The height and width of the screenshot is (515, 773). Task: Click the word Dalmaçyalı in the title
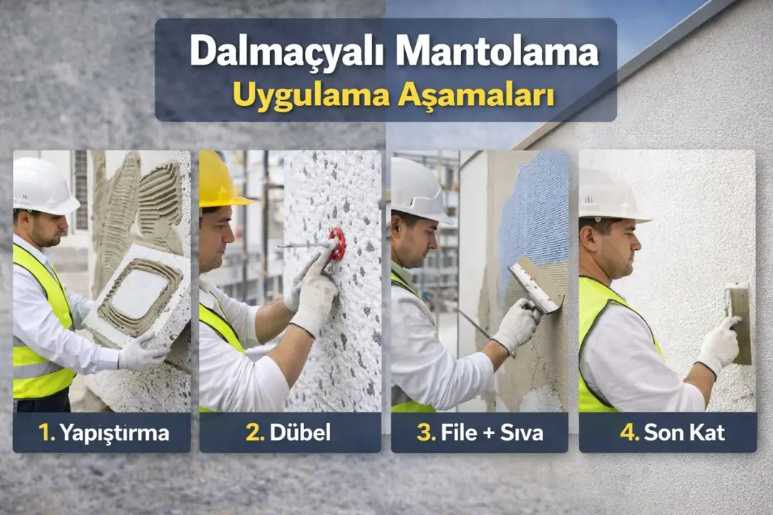288,52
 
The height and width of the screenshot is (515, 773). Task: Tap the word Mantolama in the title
497,52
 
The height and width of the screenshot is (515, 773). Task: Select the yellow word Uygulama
310,95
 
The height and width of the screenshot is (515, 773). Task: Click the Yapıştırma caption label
102,433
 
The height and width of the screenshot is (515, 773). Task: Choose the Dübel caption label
290,433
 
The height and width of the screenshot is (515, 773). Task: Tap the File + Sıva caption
480,433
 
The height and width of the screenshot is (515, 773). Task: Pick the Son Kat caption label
668,433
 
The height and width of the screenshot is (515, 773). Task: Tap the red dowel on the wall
336,243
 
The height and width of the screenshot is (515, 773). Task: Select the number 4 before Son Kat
629,433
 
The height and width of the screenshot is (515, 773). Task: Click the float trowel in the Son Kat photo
739,322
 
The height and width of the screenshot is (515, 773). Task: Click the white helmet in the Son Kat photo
608,195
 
